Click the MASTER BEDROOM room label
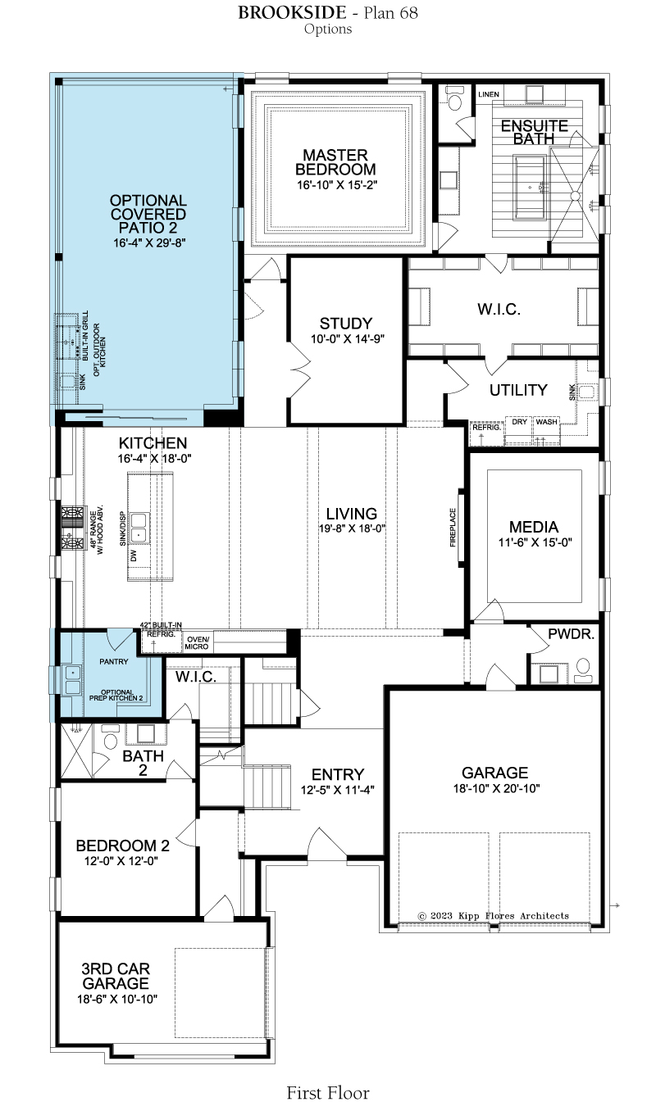[x=335, y=162]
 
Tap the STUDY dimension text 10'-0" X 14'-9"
[x=348, y=339]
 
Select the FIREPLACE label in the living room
[x=453, y=527]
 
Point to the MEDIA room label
[x=534, y=527]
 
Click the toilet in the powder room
[x=583, y=671]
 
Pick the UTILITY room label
[x=518, y=390]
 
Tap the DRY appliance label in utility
[x=520, y=422]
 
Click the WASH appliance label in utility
[x=546, y=422]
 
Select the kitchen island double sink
[x=139, y=527]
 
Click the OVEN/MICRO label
[x=198, y=643]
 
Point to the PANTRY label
[x=114, y=662]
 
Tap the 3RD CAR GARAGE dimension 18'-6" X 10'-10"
[x=117, y=1000]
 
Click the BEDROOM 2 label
[x=122, y=846]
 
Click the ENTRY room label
[x=338, y=774]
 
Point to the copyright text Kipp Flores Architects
[x=513, y=915]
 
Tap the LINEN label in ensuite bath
[x=489, y=94]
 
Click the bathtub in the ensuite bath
[x=531, y=187]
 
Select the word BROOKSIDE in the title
[x=292, y=12]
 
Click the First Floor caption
[x=328, y=1093]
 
